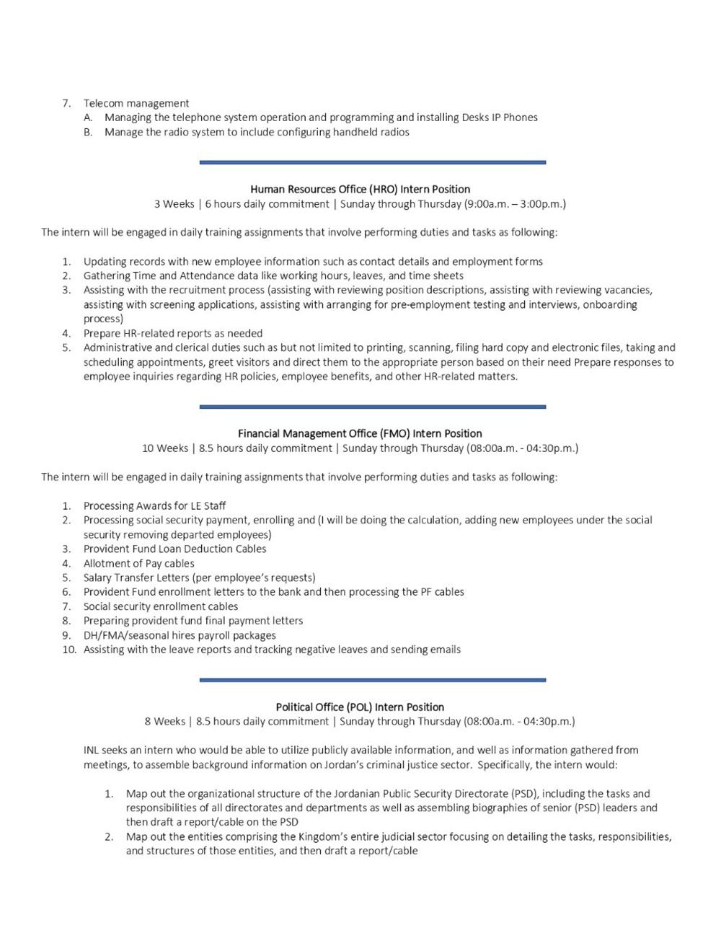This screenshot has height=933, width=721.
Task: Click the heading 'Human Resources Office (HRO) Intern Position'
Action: (x=360, y=190)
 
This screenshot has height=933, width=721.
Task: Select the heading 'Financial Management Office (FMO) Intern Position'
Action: (x=360, y=433)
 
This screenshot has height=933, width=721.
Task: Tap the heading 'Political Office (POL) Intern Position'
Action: (x=360, y=707)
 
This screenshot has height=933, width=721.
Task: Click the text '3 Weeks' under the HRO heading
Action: (x=174, y=204)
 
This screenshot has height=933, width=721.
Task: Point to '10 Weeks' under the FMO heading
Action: (x=165, y=448)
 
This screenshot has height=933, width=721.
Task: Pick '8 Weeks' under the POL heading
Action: (x=164, y=721)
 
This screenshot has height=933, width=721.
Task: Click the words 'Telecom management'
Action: (x=136, y=103)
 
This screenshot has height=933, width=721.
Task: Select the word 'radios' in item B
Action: (x=393, y=132)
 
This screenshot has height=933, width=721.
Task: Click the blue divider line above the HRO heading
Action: (x=372, y=162)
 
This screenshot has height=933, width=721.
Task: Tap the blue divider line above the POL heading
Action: (x=372, y=679)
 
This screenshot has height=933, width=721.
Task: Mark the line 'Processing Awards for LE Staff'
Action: (x=154, y=506)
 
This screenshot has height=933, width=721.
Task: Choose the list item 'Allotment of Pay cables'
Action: (x=138, y=563)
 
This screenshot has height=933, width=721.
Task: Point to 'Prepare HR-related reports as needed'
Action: (x=173, y=333)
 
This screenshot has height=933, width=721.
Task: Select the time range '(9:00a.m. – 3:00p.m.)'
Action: (x=515, y=204)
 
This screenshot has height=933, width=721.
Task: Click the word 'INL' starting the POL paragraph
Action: (x=92, y=750)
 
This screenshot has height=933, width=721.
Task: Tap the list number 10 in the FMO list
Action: (x=68, y=650)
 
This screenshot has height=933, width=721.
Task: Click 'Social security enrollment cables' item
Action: (x=160, y=606)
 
